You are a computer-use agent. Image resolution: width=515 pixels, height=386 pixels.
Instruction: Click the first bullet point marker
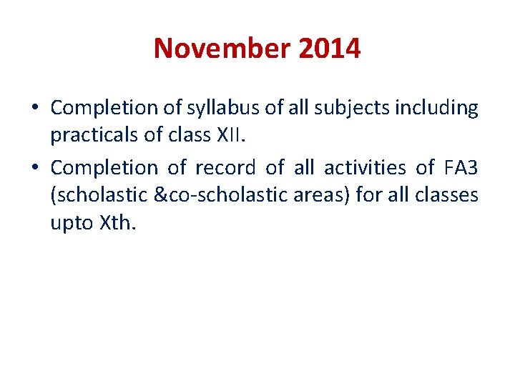coord(35,109)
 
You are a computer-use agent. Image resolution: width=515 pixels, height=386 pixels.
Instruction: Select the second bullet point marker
coord(35,169)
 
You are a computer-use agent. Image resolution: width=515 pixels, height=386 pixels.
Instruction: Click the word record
coord(225,168)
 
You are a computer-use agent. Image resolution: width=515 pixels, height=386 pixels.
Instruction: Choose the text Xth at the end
coord(119,222)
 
